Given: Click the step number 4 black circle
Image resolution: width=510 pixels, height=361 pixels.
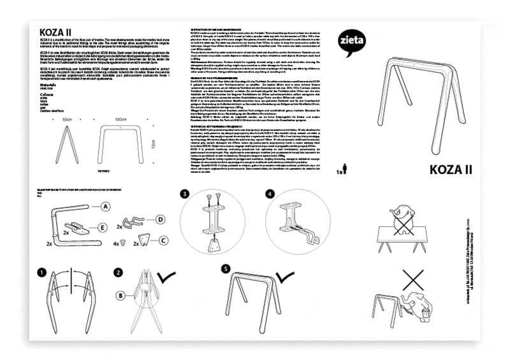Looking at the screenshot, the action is pyautogui.click(x=270, y=194).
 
